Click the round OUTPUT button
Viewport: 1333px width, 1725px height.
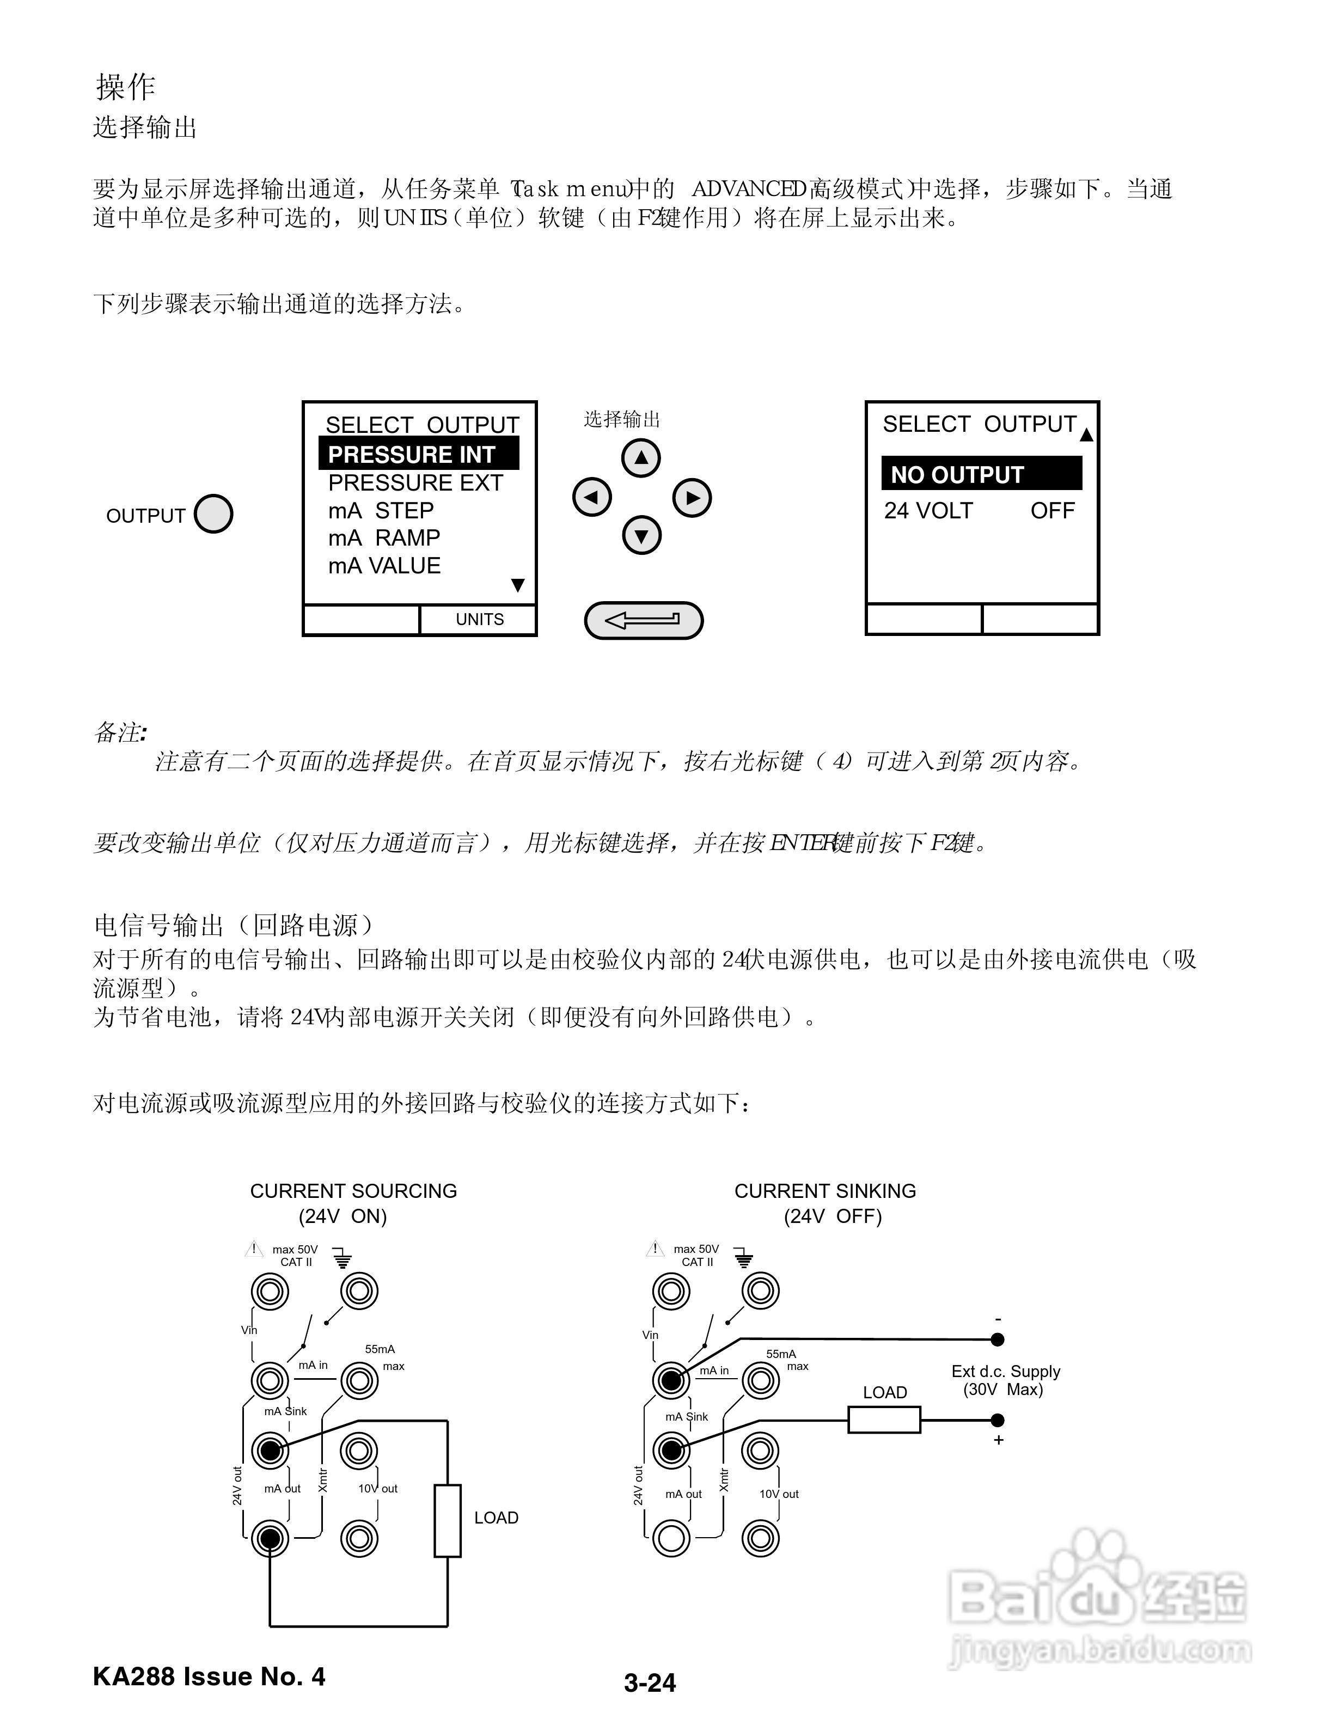[213, 514]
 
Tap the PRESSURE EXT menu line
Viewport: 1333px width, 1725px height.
[415, 482]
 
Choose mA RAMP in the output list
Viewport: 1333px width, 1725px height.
[384, 538]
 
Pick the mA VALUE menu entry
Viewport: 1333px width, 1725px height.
[384, 566]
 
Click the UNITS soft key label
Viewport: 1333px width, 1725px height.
[479, 619]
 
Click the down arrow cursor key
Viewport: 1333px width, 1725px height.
[641, 536]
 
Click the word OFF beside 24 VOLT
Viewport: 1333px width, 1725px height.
[1052, 511]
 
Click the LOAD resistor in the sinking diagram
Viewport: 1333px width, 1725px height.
[884, 1420]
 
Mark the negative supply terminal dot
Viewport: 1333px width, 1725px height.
[998, 1339]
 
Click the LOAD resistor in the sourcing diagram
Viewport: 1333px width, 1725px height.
[447, 1520]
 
